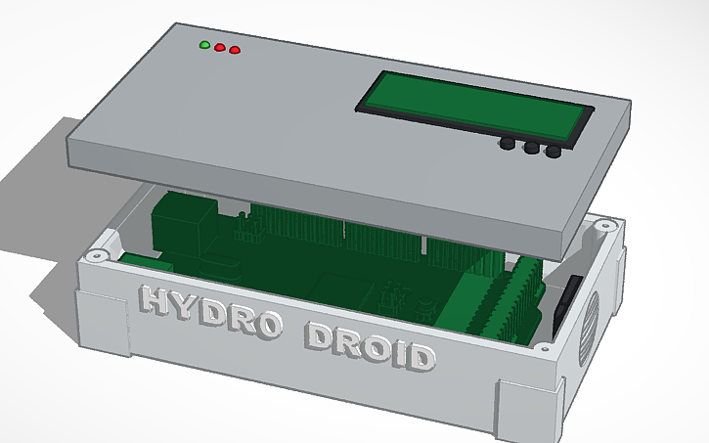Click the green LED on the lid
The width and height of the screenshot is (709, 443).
(x=204, y=45)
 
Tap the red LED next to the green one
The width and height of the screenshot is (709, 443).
(x=220, y=48)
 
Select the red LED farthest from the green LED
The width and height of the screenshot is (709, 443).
(x=235, y=51)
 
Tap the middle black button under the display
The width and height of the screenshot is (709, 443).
(x=531, y=149)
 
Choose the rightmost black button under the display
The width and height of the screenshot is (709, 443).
(x=554, y=153)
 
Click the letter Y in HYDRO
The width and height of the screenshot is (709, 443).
(x=186, y=305)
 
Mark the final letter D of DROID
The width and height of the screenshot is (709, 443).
(x=419, y=355)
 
